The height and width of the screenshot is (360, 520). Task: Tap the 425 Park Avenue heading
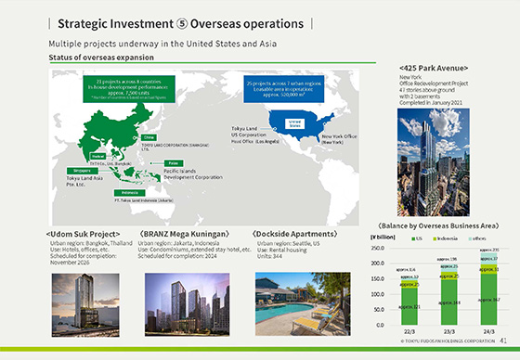pyautogui.click(x=434, y=68)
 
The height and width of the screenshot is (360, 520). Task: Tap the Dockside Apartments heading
pyautogui.click(x=296, y=234)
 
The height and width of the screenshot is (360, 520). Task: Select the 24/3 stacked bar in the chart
pyautogui.click(x=487, y=289)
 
